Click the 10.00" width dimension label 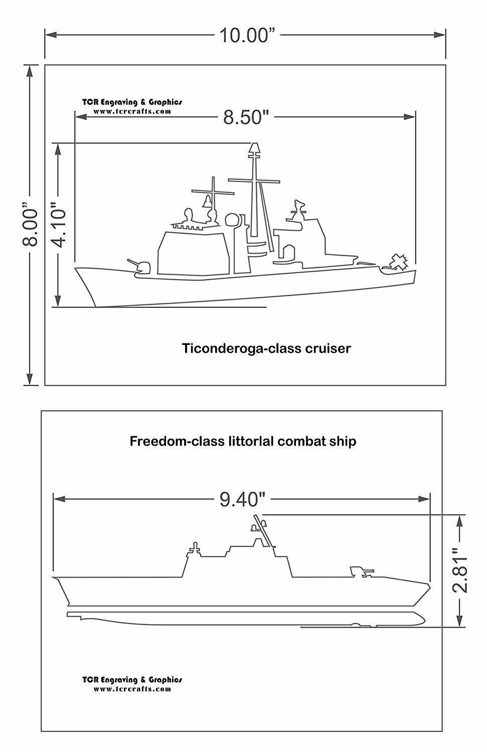(247, 35)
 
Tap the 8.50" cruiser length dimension (246, 117)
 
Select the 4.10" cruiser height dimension (59, 224)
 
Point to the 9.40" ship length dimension (242, 499)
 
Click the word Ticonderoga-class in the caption (241, 348)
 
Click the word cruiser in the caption (328, 348)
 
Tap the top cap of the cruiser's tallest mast (254, 148)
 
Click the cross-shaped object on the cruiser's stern (399, 262)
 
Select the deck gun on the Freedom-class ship (361, 571)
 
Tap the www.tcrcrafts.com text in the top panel (132, 111)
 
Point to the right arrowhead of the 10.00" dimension (440, 35)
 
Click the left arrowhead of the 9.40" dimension (60, 499)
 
